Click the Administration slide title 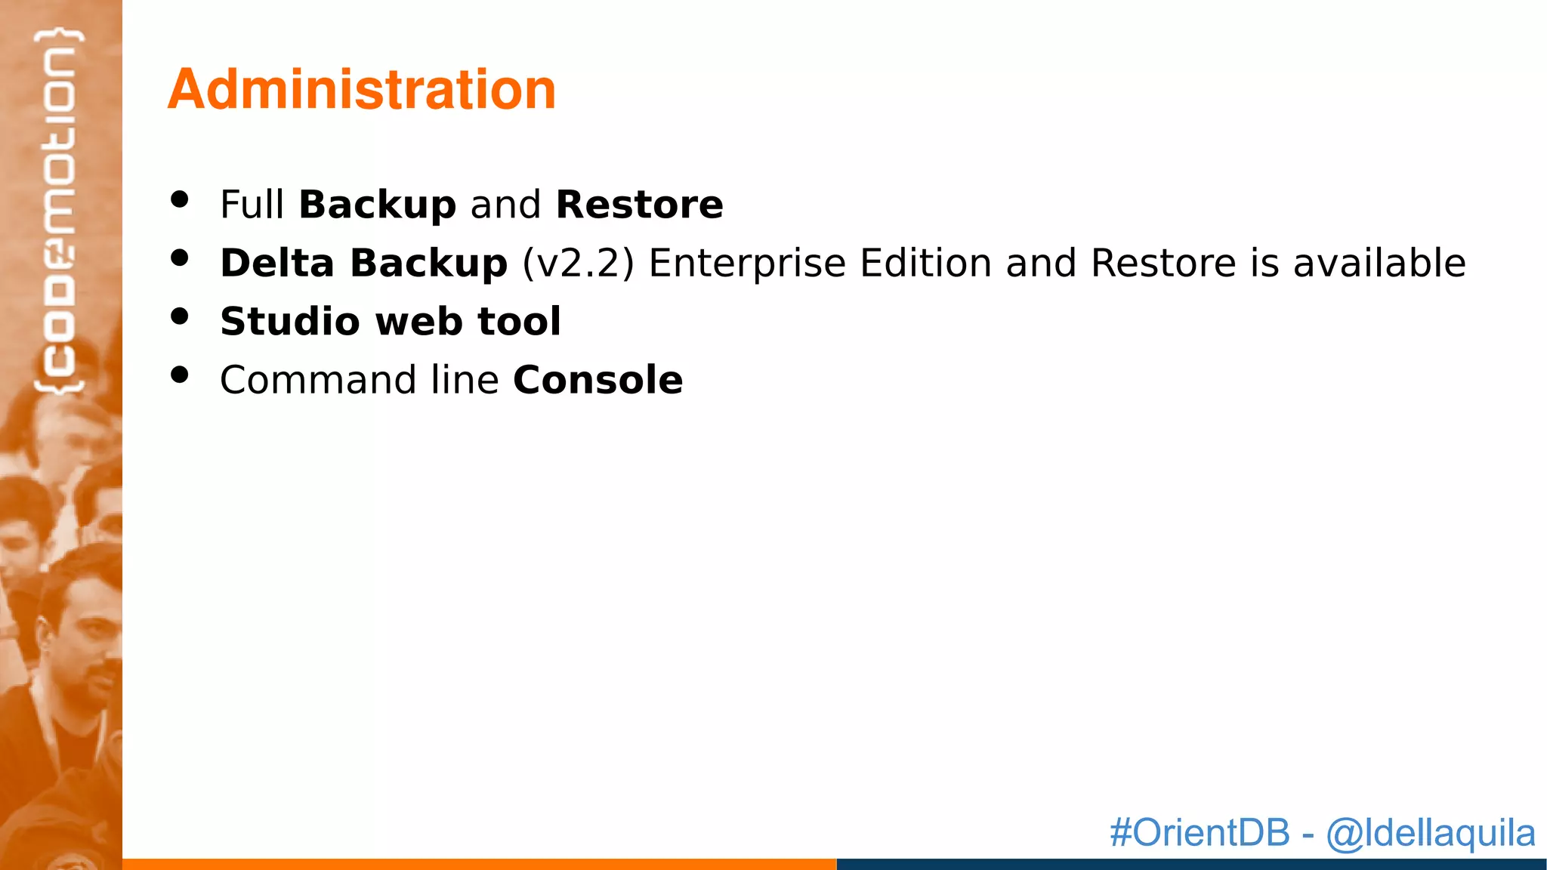361,89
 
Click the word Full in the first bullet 252,205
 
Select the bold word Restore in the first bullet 639,205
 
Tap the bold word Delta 276,263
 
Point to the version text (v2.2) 578,263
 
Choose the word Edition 925,263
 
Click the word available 1379,263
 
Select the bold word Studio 289,321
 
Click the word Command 317,379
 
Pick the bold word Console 597,379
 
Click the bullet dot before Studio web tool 179,316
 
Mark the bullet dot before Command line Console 179,375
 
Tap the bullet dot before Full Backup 179,199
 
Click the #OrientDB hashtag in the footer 1200,832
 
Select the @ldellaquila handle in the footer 1430,832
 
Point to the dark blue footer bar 1190,864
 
